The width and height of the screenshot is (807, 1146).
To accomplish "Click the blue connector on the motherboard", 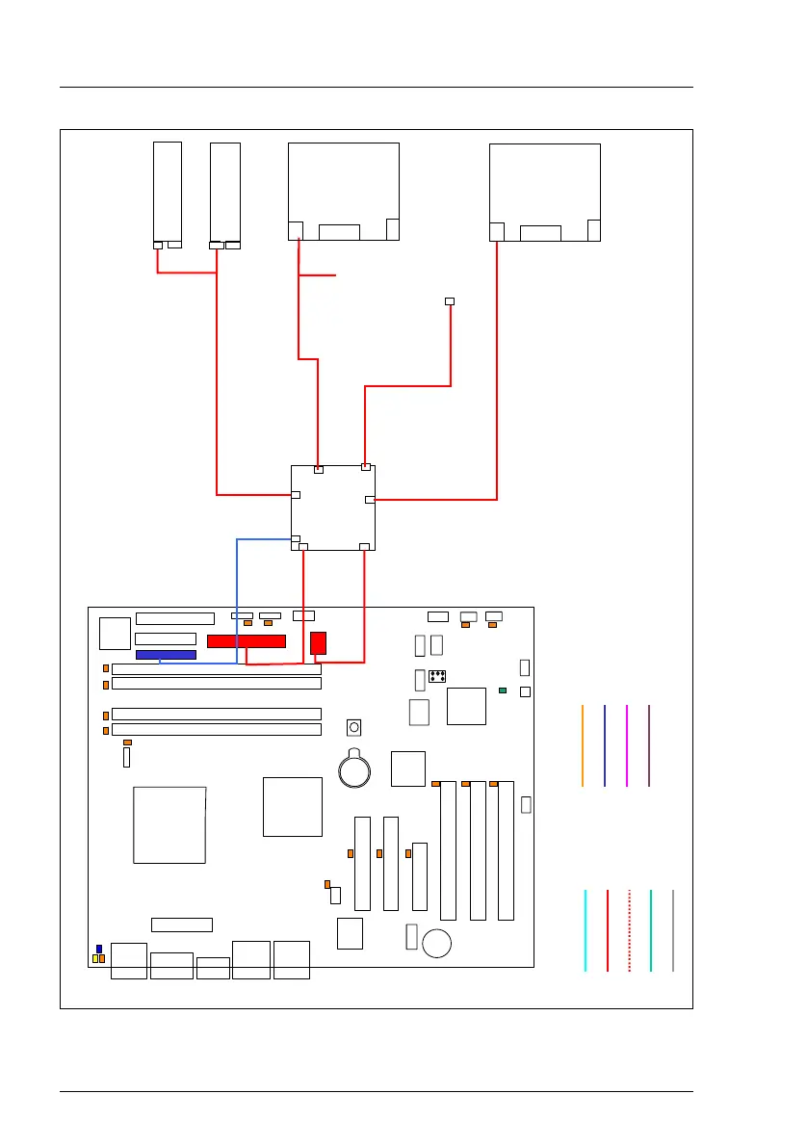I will (x=166, y=655).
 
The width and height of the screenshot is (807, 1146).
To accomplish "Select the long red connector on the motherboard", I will (x=247, y=641).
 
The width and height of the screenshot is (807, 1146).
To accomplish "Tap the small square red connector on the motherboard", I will (x=319, y=642).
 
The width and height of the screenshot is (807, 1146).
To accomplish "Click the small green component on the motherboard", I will (x=503, y=691).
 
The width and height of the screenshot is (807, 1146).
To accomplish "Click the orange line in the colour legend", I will (x=583, y=745).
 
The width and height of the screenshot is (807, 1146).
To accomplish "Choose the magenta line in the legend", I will (x=627, y=745).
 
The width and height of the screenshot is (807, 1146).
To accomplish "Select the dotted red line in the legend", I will (x=629, y=930).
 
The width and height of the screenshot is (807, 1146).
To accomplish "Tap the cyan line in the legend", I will (x=586, y=930).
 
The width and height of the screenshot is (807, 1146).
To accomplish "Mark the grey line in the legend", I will (x=673, y=930).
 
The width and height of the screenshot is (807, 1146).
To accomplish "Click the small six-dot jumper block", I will (x=436, y=676).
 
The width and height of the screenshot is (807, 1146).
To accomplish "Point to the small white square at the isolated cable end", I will (x=450, y=301).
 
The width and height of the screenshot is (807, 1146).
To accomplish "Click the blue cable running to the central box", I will (x=237, y=597).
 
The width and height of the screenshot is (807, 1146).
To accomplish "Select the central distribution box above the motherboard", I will (x=333, y=508).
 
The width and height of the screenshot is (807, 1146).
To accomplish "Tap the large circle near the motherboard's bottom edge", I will (x=438, y=943).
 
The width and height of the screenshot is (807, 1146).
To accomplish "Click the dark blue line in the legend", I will (x=605, y=745).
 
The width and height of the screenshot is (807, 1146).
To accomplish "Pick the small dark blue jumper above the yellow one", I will (x=98, y=949).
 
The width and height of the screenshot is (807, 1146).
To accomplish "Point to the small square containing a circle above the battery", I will (x=354, y=727).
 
